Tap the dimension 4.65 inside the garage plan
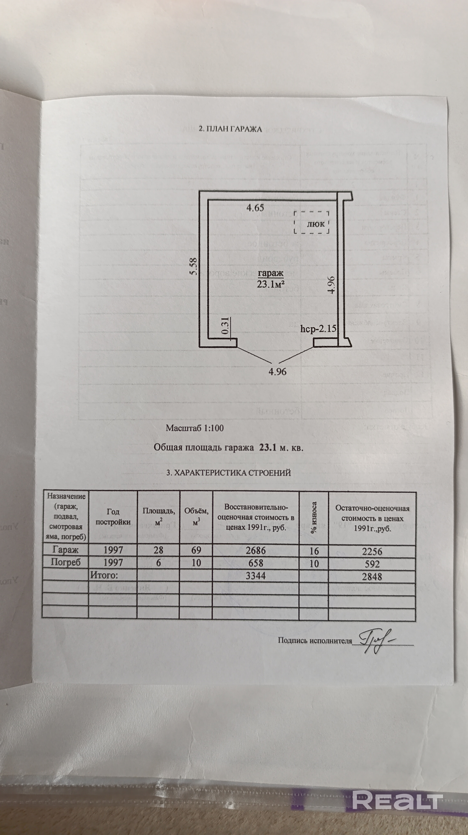pyautogui.click(x=255, y=208)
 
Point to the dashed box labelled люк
pyautogui.click(x=312, y=222)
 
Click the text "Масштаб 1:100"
pyautogui.click(x=195, y=428)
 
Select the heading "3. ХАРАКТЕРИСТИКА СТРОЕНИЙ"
pyautogui.click(x=229, y=473)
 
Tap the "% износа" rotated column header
pyautogui.click(x=314, y=517)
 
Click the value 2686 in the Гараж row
pyautogui.click(x=255, y=550)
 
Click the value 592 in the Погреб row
pyautogui.click(x=372, y=564)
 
